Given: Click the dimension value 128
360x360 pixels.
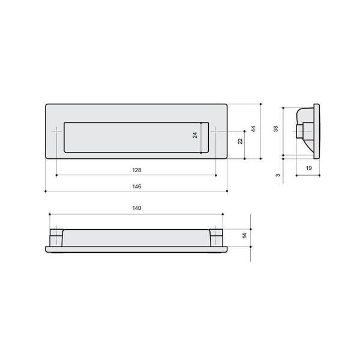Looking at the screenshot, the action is point(137,170).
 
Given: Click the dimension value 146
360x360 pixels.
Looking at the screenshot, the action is point(137,187).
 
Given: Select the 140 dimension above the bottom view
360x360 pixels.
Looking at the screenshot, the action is point(137,208).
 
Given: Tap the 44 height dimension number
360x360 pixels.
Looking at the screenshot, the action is point(253,129).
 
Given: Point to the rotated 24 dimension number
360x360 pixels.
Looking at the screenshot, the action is point(194,135).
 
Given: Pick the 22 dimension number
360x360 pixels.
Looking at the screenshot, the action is point(240,141).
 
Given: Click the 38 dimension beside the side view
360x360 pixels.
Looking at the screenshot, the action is point(276,129).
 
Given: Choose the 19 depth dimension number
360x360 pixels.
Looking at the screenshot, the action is point(309,168).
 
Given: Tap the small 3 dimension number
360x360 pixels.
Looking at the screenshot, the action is point(278,175).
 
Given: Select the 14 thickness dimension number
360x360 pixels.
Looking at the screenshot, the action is point(245,235).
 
